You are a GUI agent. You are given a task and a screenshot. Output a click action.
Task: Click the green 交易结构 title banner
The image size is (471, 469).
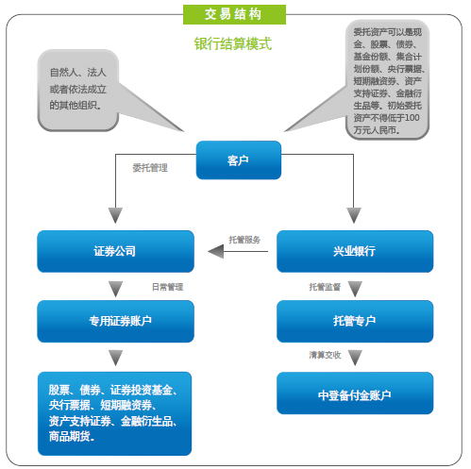pyautogui.click(x=234, y=14)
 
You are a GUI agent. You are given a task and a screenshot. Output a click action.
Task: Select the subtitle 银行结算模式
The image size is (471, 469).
pyautogui.click(x=233, y=43)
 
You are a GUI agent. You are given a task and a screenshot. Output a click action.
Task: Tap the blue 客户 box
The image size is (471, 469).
pyautogui.click(x=239, y=160)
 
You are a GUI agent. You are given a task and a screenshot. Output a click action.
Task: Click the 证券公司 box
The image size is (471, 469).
pyautogui.click(x=115, y=251)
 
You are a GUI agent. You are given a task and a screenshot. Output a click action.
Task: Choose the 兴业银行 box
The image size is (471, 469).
pyautogui.click(x=355, y=251)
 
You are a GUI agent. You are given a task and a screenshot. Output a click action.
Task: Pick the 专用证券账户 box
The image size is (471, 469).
pyautogui.click(x=115, y=321)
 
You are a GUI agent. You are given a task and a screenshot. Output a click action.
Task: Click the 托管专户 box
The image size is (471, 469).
pyautogui.click(x=355, y=321)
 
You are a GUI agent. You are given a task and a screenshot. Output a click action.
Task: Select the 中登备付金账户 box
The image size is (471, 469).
pyautogui.click(x=355, y=394)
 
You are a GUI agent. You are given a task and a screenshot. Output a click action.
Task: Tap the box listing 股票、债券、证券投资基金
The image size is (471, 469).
pyautogui.click(x=114, y=413)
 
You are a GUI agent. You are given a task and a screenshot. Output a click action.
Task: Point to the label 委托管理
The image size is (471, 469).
pyautogui.click(x=150, y=168)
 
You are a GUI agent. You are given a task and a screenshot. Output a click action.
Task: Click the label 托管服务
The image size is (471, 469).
pyautogui.click(x=244, y=240)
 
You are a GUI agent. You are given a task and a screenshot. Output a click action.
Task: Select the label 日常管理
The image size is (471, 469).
pyautogui.click(x=167, y=287)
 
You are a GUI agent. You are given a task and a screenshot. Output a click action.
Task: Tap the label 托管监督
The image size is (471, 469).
pyautogui.click(x=325, y=287)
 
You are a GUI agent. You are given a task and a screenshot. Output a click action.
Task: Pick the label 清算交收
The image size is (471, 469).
pyautogui.click(x=325, y=355)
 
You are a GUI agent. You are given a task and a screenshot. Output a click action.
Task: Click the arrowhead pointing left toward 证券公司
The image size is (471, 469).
pyautogui.click(x=216, y=251)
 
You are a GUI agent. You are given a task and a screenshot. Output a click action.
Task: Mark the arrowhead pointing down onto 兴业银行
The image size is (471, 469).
pyautogui.click(x=354, y=215)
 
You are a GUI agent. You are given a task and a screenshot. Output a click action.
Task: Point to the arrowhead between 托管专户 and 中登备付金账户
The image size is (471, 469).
pyautogui.click(x=355, y=358)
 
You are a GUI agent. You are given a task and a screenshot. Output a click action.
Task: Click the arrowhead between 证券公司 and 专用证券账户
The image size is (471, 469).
pyautogui.click(x=115, y=289)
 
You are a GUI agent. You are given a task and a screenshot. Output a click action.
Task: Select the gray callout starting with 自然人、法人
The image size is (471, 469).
pyautogui.click(x=78, y=90)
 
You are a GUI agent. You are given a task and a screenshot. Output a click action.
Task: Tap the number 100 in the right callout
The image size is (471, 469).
pyautogui.click(x=412, y=118)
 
